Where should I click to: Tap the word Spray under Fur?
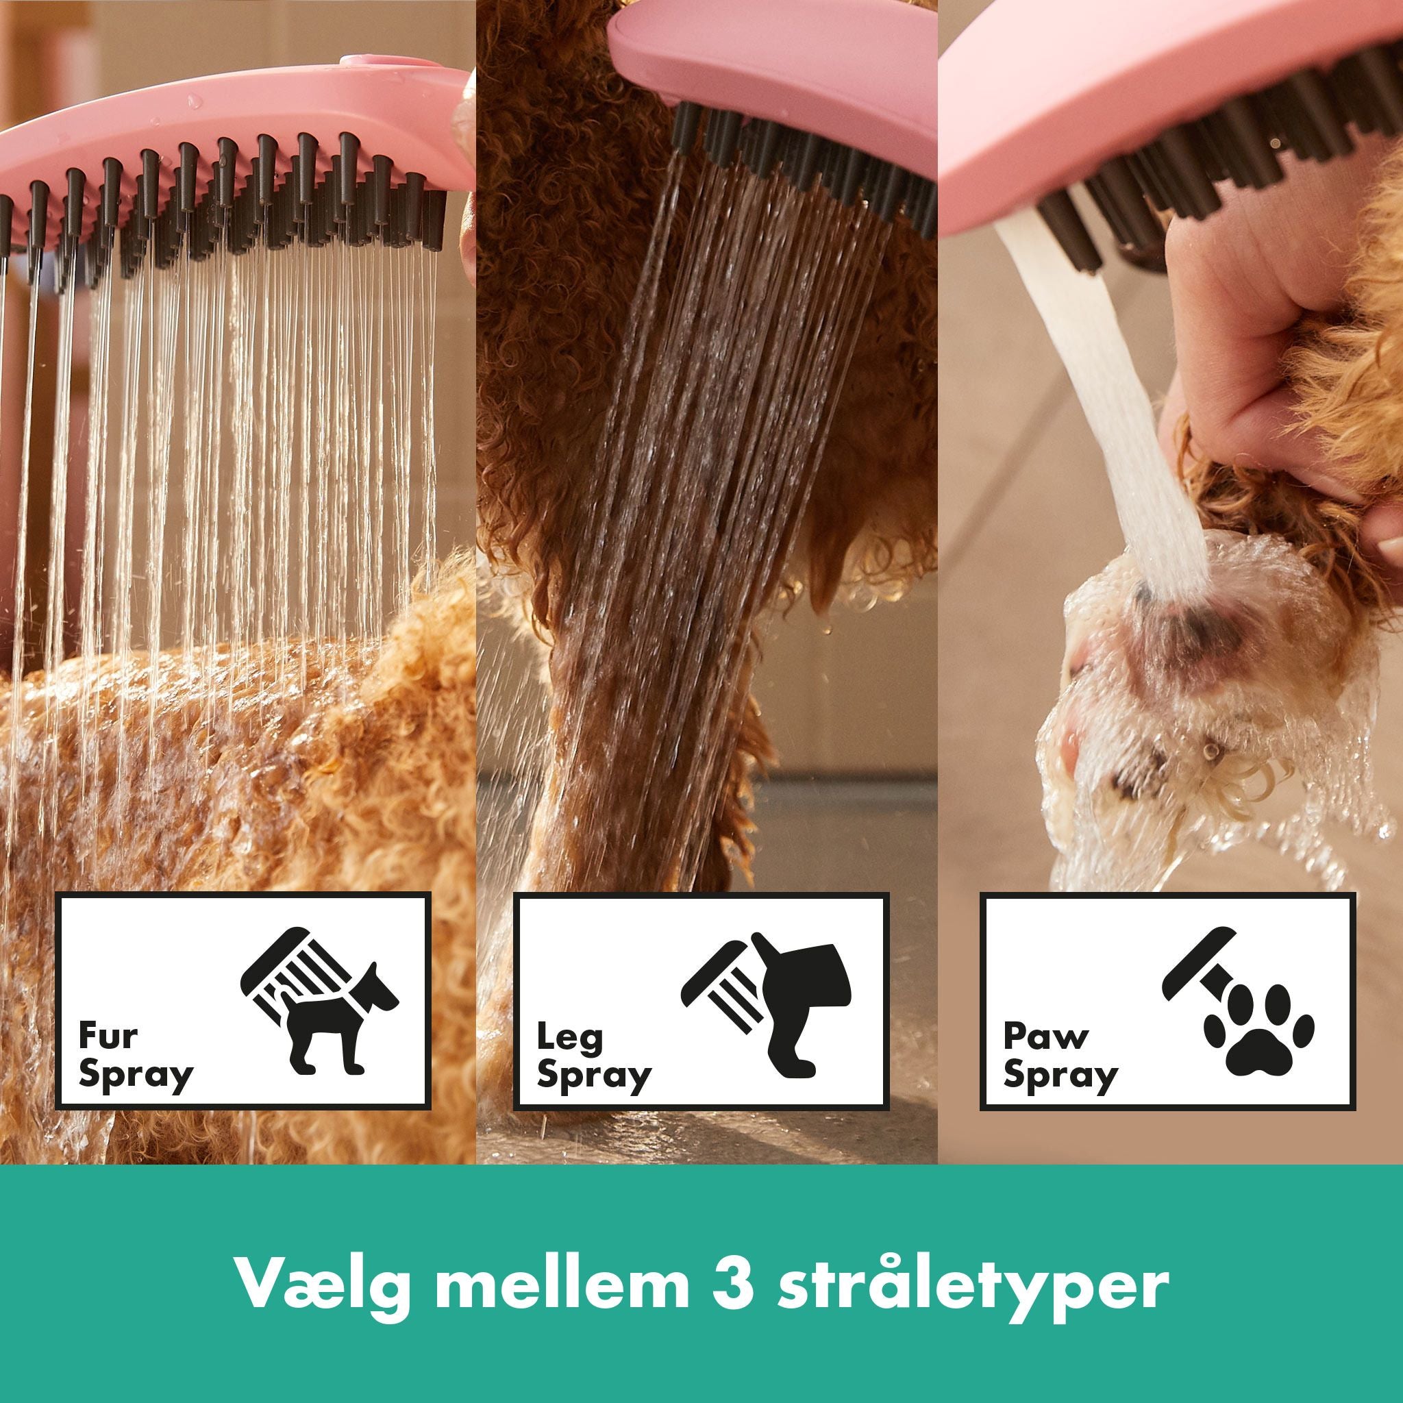click(136, 1076)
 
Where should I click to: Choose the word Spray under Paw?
click(1060, 1076)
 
